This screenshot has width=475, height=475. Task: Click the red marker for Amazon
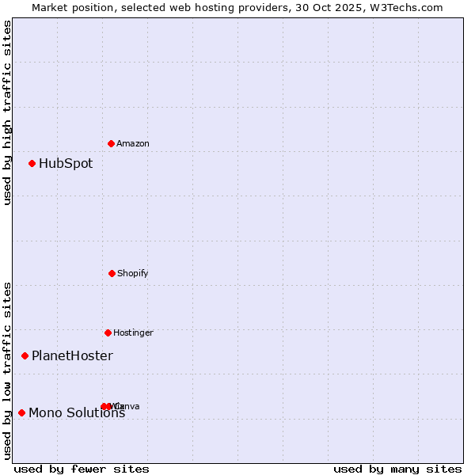tap(111, 143)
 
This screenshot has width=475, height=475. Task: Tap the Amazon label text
tap(133, 144)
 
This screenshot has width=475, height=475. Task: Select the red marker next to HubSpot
tap(32, 164)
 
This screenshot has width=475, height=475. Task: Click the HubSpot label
tap(66, 164)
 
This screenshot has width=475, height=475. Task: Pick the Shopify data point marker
tap(112, 273)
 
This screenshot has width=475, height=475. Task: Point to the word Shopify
tap(133, 274)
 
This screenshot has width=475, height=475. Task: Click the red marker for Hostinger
tap(108, 332)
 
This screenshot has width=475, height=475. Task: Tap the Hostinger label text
tap(133, 333)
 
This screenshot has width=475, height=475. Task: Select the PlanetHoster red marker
tap(25, 356)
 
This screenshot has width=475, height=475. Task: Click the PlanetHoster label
tap(72, 356)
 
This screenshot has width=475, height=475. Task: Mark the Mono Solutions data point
tap(21, 412)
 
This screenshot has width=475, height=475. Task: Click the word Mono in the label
tap(44, 413)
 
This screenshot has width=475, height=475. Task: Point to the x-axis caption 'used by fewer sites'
tap(82, 469)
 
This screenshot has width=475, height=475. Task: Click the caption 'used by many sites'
tap(397, 469)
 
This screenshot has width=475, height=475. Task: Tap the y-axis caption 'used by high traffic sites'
tap(7, 112)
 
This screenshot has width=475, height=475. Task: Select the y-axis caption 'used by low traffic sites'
tap(7, 370)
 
